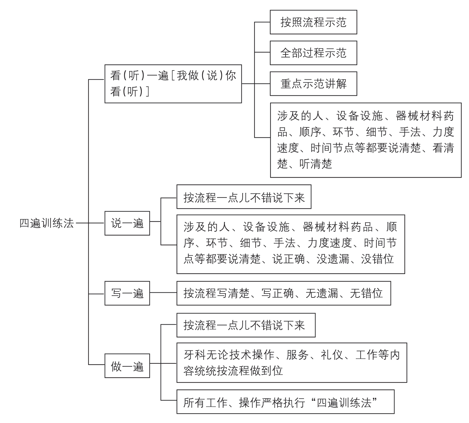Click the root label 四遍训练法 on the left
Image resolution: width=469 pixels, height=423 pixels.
pyautogui.click(x=46, y=223)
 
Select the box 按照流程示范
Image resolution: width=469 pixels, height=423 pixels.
pyautogui.click(x=313, y=22)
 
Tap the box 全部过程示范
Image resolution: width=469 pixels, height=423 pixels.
pyautogui.click(x=313, y=53)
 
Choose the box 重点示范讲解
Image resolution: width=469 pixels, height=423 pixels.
pyautogui.click(x=313, y=84)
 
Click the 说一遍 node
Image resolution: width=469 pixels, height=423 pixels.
pyautogui.click(x=127, y=223)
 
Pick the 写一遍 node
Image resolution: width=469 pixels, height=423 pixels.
pyautogui.click(x=127, y=293)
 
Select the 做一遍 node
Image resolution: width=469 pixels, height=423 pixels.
pyautogui.click(x=127, y=366)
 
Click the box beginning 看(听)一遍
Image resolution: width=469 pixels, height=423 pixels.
pyautogui.click(x=173, y=84)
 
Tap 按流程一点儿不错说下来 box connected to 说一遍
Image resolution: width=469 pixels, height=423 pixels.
pyautogui.click(x=244, y=197)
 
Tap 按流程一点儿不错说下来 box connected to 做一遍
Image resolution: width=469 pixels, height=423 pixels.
pyautogui.click(x=246, y=325)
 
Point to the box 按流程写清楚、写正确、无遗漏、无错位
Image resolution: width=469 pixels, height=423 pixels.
pyautogui.click(x=283, y=293)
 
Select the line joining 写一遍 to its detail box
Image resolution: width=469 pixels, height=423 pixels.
pyautogui.click(x=163, y=293)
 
